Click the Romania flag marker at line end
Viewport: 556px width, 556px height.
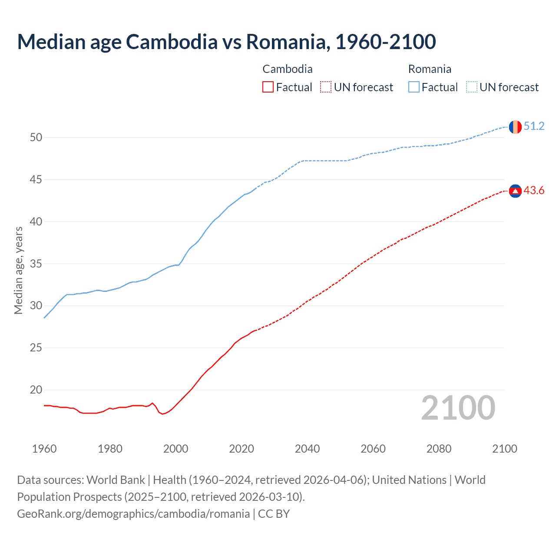515,127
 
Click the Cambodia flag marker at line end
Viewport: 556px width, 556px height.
515,191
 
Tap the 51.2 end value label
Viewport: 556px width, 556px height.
534,126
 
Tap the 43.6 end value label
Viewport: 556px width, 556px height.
534,191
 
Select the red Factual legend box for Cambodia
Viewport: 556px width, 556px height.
268,87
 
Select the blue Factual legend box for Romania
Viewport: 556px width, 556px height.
414,87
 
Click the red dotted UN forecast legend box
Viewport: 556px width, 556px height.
326,87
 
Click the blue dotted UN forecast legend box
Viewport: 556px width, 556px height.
472,87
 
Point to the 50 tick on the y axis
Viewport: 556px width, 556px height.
36,138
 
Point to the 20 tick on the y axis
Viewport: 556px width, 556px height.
36,390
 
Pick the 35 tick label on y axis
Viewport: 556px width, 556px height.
36,264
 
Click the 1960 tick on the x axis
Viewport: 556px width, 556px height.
44,449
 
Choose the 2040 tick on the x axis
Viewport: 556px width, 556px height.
307,449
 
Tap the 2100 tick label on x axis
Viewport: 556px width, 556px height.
504,449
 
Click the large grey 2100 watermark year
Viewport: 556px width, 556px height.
458,408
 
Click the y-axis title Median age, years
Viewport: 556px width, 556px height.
18,270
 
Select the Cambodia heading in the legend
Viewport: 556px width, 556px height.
288,69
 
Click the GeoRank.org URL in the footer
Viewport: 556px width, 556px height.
133,514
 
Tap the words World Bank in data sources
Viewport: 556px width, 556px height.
116,480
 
